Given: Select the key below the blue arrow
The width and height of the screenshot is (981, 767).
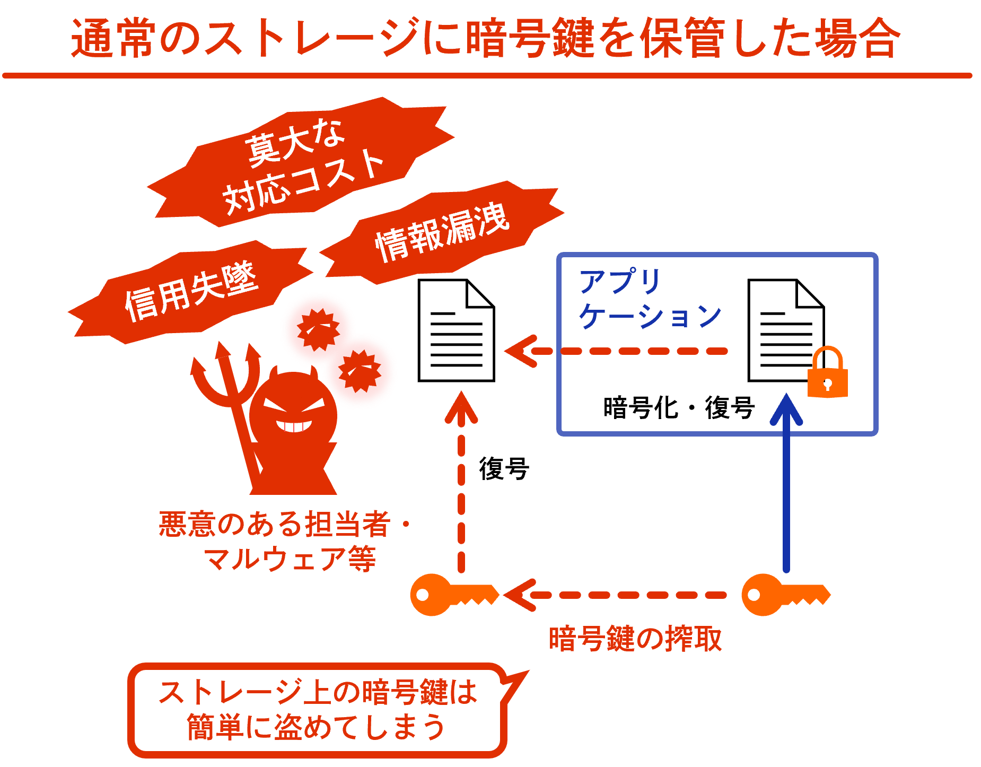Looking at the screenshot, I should coord(785,595).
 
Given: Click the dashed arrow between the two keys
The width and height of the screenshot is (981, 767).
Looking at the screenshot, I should coord(615,595).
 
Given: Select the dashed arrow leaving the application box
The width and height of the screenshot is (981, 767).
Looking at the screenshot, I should coord(615,351).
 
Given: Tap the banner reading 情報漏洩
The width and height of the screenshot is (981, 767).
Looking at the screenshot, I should coord(443,233).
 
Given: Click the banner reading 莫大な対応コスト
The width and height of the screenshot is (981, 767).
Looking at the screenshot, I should coord(302,164).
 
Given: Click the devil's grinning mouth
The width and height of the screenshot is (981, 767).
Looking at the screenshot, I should coord(293,426).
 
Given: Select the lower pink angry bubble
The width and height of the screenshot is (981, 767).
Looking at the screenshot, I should coord(360,371).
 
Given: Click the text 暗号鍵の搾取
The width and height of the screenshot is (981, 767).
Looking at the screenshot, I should coord(635,639).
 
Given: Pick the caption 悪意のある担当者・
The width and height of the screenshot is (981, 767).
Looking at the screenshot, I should coord(284,524).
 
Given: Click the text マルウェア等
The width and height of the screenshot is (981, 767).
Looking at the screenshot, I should coord(290,559).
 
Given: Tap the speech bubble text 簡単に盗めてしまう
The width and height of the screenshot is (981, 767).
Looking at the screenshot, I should coord(316,727).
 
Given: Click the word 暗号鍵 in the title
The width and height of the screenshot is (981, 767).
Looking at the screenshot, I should coord(530,38).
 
